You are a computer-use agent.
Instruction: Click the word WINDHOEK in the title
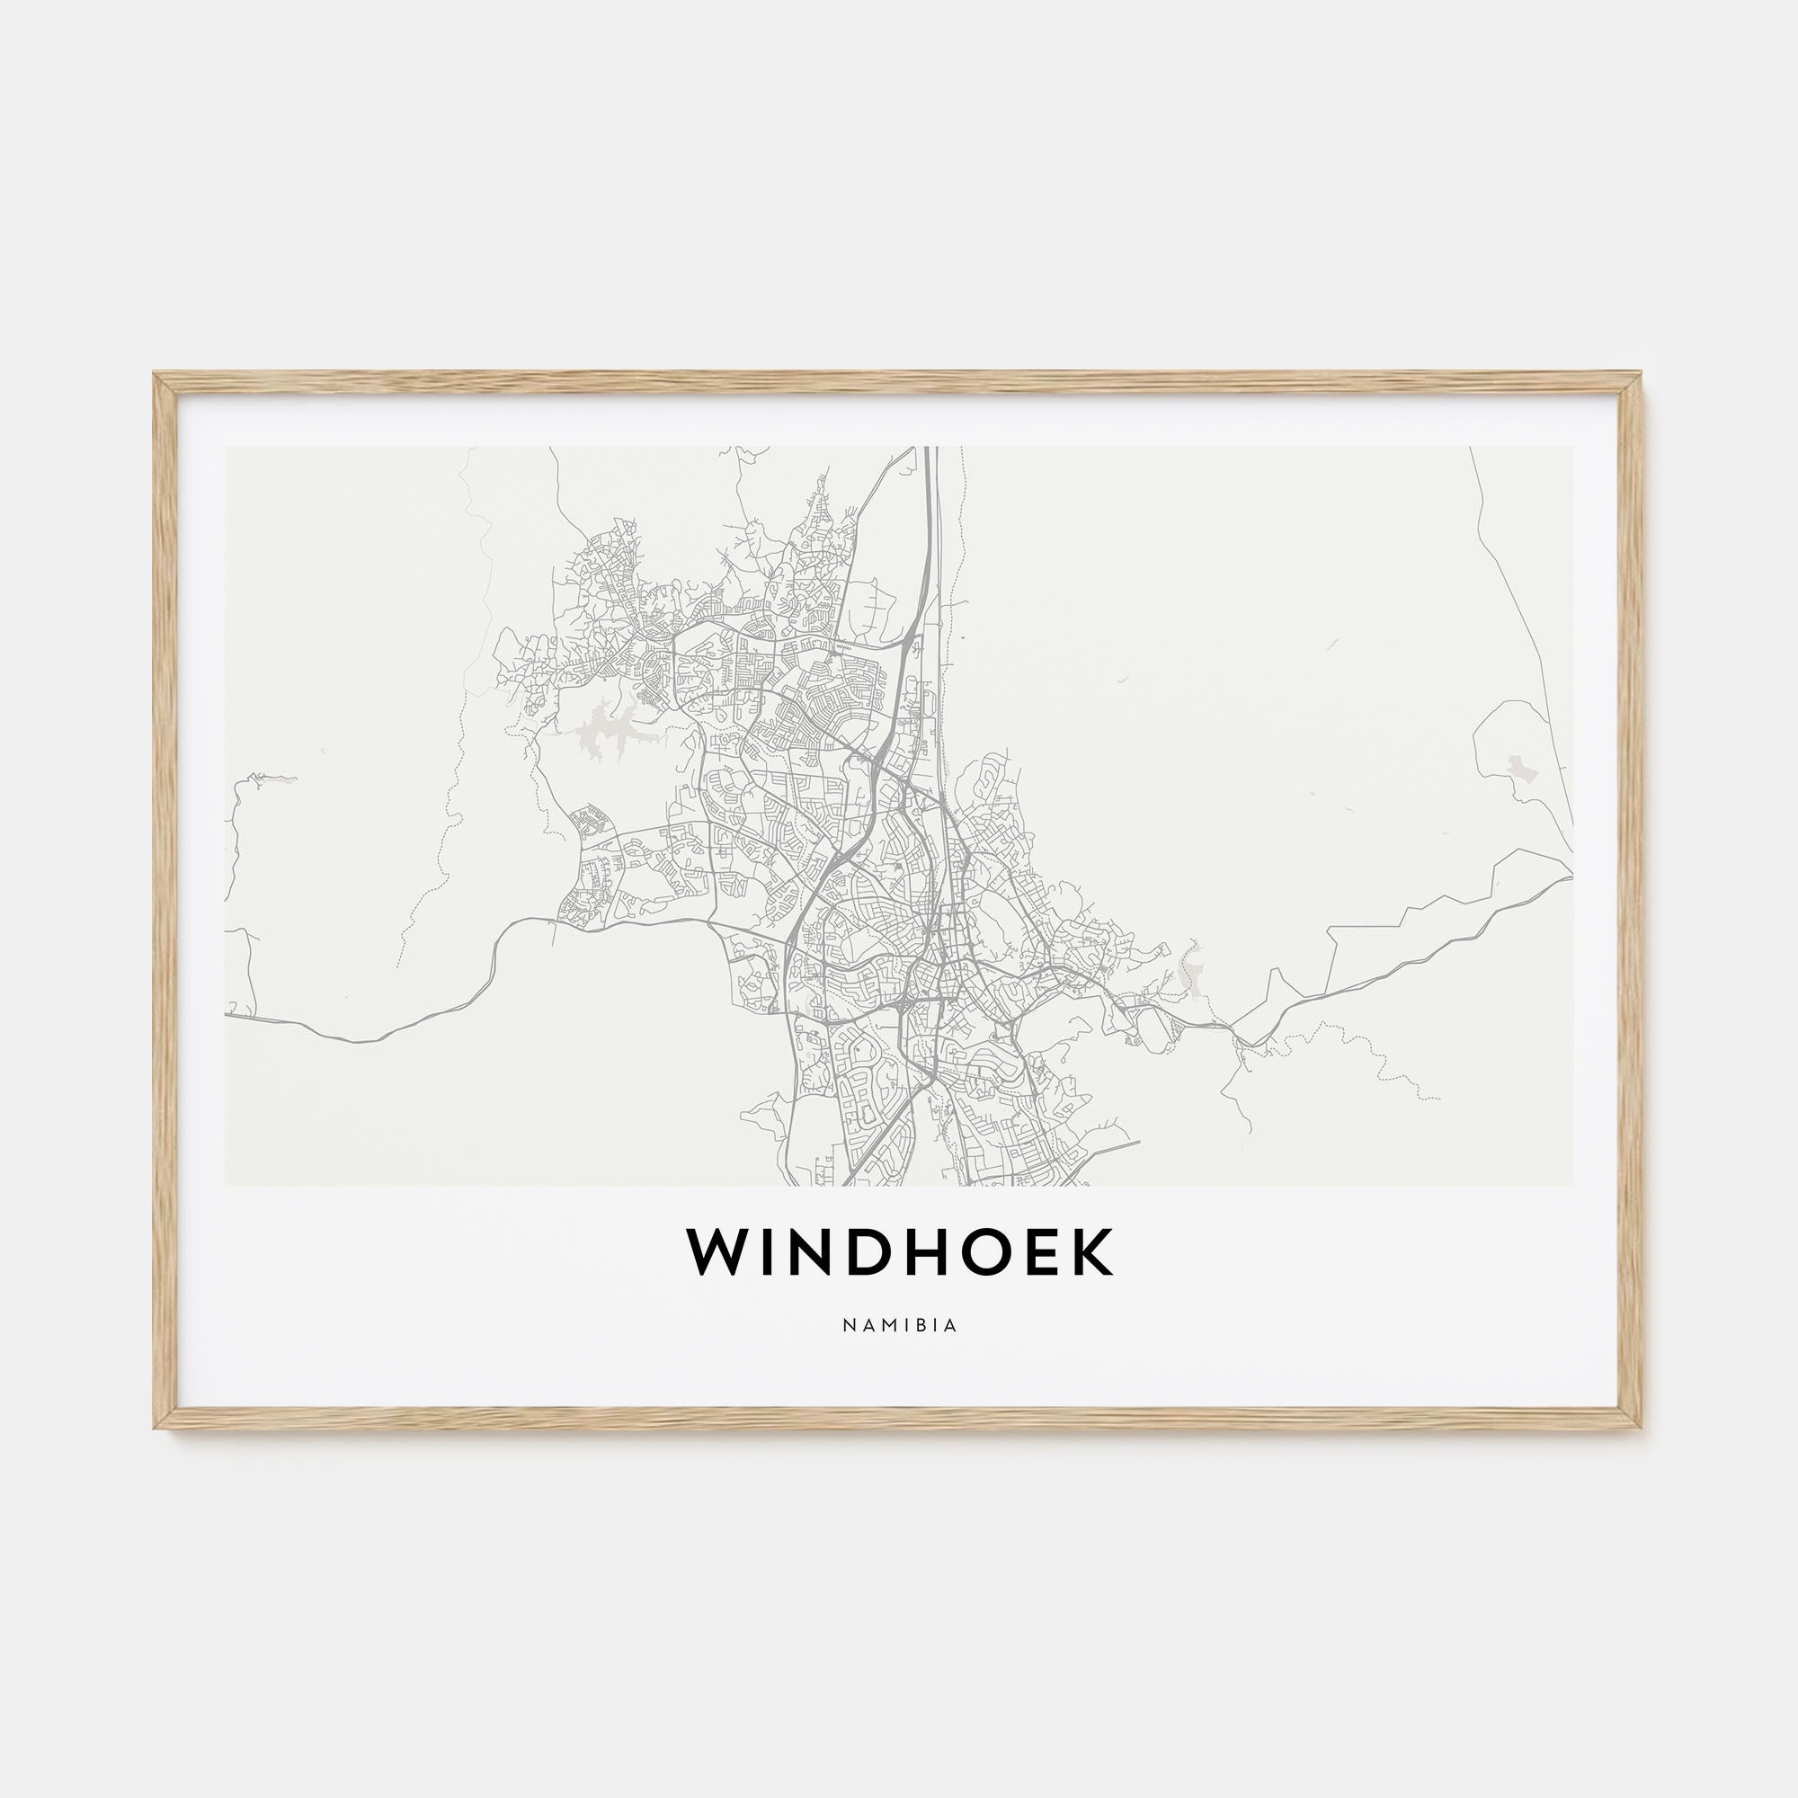click(x=899, y=1252)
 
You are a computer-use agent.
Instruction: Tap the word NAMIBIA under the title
click(x=899, y=1325)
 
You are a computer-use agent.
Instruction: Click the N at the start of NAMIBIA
click(x=848, y=1325)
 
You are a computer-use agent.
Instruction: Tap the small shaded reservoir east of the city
click(x=1188, y=967)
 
